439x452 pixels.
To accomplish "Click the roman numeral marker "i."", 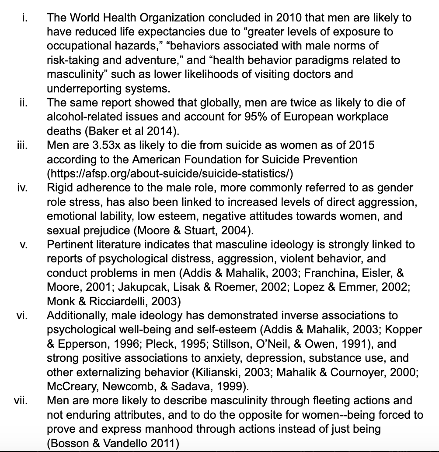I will (x=25, y=18).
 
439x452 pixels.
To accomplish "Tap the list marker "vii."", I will (x=21, y=400).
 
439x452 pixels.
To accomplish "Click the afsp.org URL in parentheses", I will (x=170, y=173).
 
